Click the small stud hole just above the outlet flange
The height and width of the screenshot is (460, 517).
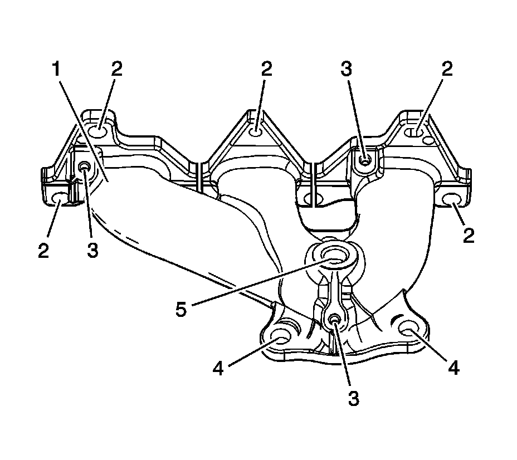click(334, 319)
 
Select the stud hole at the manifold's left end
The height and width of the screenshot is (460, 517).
click(85, 167)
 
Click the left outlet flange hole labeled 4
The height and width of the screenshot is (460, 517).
click(280, 336)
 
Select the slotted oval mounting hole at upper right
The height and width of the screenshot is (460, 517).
click(415, 133)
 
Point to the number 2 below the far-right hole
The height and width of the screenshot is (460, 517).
click(468, 236)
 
